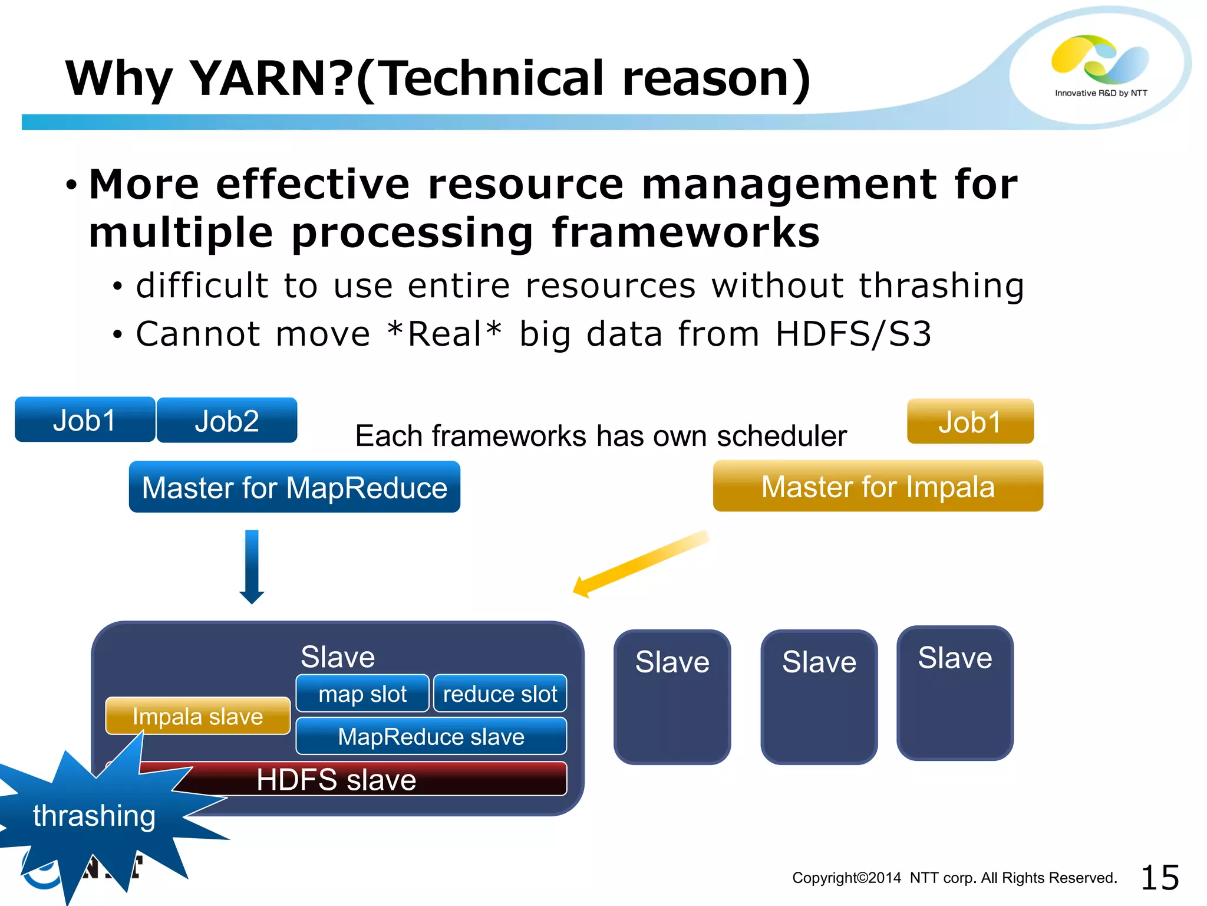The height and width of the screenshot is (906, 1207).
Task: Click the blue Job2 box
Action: click(x=227, y=421)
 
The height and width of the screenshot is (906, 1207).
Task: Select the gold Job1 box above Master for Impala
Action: click(x=970, y=422)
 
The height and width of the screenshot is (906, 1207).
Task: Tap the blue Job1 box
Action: click(x=85, y=420)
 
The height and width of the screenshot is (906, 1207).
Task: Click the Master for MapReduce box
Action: click(x=295, y=487)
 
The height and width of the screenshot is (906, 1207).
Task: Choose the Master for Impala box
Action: click(x=878, y=487)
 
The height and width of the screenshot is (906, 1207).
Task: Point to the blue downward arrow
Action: click(x=252, y=567)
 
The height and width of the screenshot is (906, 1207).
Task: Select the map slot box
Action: click(x=362, y=694)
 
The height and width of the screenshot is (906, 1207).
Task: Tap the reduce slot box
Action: click(x=500, y=694)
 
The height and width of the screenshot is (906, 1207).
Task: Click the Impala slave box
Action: click(x=198, y=716)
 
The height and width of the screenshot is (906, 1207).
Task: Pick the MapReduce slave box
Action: click(x=431, y=736)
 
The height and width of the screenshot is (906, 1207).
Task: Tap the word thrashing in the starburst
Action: click(x=94, y=816)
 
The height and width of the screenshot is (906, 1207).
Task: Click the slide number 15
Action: click(x=1159, y=878)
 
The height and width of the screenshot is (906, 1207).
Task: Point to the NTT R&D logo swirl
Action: click(x=1099, y=59)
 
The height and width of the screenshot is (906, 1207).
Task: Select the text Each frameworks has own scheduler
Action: click(x=601, y=436)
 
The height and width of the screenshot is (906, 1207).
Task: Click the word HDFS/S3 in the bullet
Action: click(x=853, y=334)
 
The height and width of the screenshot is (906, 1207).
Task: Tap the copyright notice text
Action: click(x=954, y=878)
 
